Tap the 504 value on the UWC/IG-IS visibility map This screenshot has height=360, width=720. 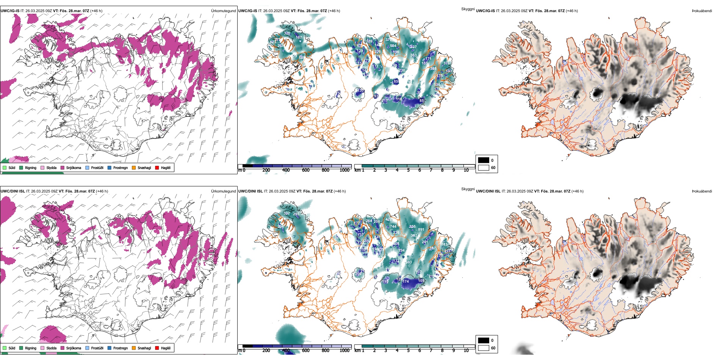tap(393, 46)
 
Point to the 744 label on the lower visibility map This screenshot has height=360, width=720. tap(393, 227)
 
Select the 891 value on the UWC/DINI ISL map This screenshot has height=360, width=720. tap(421, 230)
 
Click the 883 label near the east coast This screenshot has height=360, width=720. tap(444, 244)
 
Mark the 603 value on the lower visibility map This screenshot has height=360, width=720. tap(409, 262)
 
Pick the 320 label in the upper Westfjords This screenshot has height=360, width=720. tap(287, 33)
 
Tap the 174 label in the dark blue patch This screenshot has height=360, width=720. tap(406, 281)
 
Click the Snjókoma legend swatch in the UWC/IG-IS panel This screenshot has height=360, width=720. tap(63, 168)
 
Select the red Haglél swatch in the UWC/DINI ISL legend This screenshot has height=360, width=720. tap(157, 348)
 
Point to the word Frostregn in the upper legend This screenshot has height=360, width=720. tap(121, 168)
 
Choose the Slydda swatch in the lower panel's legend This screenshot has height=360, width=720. tap(42, 348)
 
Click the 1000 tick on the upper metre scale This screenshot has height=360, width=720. tap(344, 170)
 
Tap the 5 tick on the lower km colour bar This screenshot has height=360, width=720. tap(409, 351)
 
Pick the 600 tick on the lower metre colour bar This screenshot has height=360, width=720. tap(306, 351)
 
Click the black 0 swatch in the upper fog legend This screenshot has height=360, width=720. tap(483, 160)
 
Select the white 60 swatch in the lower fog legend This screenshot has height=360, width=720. tap(483, 348)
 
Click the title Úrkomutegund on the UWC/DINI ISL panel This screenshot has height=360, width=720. tap(223, 191)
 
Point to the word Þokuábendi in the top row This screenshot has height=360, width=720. tap(702, 11)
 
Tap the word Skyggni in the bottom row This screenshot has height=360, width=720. tap(468, 189)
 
